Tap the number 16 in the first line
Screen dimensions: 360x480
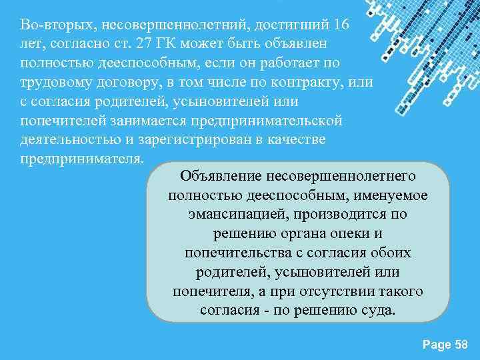coord(339,25)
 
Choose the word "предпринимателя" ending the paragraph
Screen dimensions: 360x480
coord(81,160)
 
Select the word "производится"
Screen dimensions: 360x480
coord(346,215)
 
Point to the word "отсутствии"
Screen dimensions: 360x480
coord(334,292)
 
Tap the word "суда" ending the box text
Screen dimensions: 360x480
coord(377,311)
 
